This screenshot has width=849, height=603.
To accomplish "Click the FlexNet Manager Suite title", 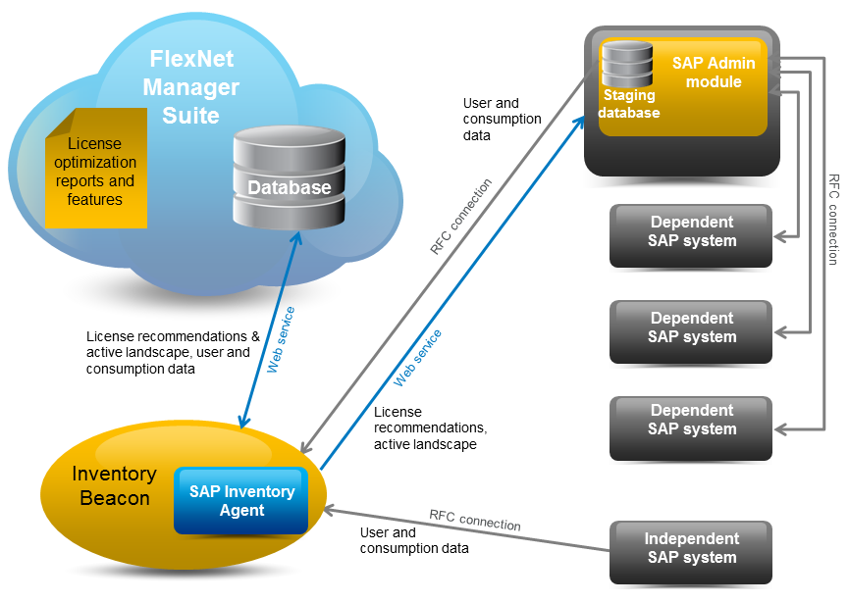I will tap(190, 87).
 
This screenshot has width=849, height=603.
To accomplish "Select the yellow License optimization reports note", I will tap(95, 173).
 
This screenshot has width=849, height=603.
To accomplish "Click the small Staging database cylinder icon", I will tap(627, 66).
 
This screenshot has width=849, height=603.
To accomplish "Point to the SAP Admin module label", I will tap(714, 73).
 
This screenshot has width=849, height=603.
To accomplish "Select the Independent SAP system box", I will tap(691, 548).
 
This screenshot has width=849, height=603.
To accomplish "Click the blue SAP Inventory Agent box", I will tap(241, 501).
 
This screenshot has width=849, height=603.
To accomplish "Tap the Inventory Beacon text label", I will tap(114, 485).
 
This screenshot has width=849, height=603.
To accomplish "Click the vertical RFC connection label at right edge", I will tap(833, 220).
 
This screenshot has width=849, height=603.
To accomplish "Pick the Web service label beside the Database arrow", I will tap(281, 339).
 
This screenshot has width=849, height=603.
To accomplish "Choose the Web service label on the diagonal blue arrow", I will tap(417, 357).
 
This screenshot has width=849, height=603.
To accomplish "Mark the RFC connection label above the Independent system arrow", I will tap(474, 520).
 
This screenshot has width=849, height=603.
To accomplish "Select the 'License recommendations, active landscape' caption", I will tap(430, 428).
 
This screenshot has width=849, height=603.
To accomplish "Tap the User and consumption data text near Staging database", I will tap(502, 119).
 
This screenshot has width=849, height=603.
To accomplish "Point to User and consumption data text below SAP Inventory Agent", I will tap(413, 540).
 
